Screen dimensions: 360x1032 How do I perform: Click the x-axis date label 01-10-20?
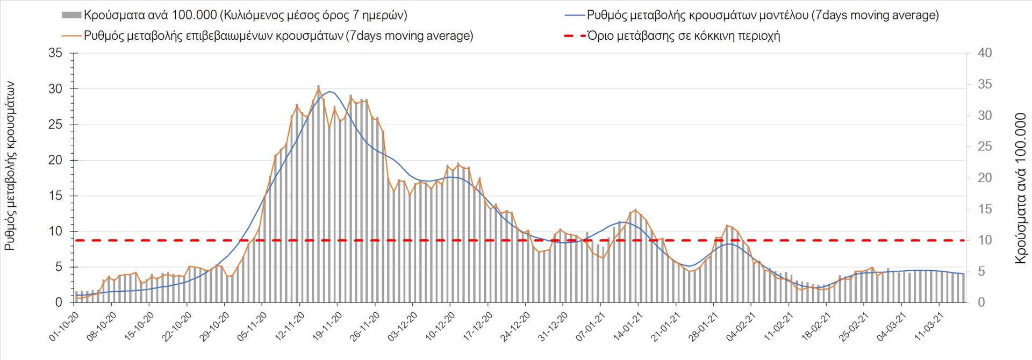pyautogui.click(x=64, y=327)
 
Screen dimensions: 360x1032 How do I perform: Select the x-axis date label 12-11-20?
pyautogui.click(x=290, y=327)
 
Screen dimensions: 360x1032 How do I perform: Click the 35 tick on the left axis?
pyautogui.click(x=55, y=53)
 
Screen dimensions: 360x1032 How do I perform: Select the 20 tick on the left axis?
pyautogui.click(x=55, y=160)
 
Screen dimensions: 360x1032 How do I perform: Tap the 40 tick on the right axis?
pyautogui.click(x=985, y=53)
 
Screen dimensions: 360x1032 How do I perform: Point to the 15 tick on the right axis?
pyautogui.click(x=985, y=209)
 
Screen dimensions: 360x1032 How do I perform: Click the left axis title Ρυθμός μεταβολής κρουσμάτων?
pyautogui.click(x=10, y=167)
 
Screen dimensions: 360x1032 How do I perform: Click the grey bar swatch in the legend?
pyautogui.click(x=71, y=15)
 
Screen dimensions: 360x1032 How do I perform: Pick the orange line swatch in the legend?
pyautogui.click(x=71, y=36)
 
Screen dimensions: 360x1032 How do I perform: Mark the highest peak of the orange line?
pyautogui.click(x=318, y=87)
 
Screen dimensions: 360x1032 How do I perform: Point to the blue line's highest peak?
pyautogui.click(x=329, y=91)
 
